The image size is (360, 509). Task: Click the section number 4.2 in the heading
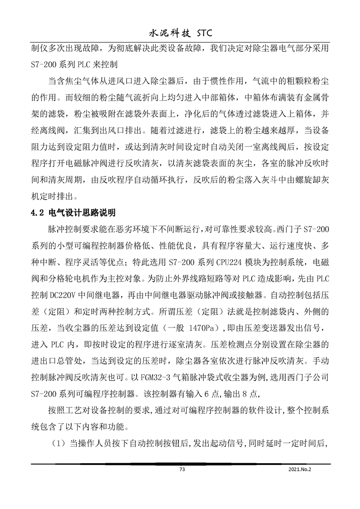(x=37, y=212)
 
